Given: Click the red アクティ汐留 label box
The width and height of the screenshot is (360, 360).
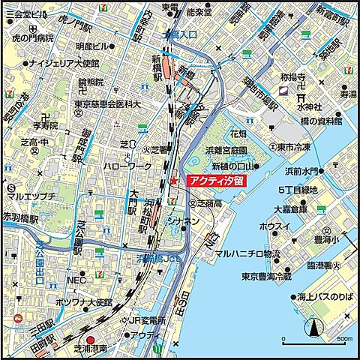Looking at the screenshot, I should coord(216,181).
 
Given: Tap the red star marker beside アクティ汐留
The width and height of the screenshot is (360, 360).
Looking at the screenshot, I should coord(174,181).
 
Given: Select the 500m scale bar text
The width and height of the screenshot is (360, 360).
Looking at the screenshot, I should coord(344,338).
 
